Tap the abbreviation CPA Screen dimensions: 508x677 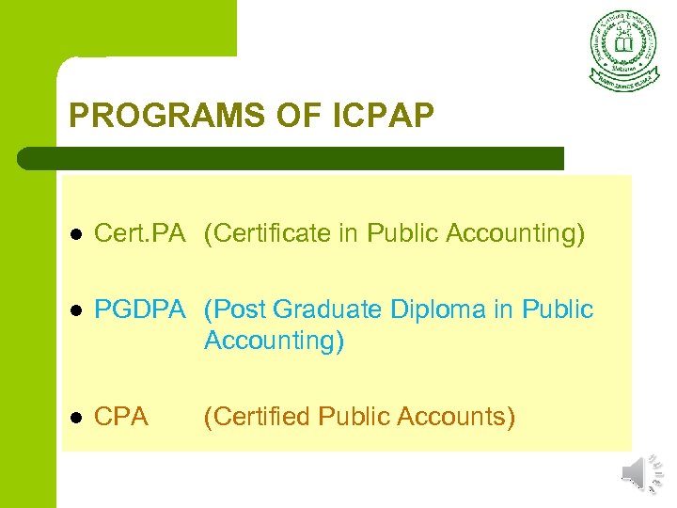[x=122, y=416]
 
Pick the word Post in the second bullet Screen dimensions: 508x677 [x=235, y=310]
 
